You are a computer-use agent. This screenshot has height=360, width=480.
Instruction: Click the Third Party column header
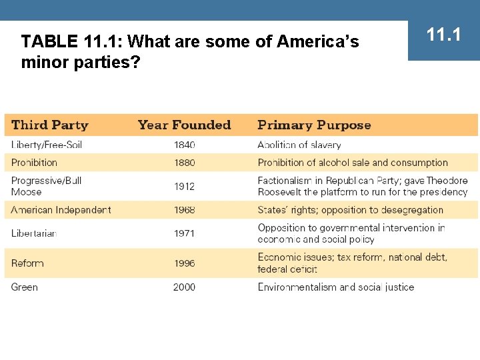coord(50,125)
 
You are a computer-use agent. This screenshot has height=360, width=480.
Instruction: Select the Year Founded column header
coord(184,125)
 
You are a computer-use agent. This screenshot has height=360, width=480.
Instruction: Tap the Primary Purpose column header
coord(314,125)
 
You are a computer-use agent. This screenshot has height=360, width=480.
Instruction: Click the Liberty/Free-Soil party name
coord(47,145)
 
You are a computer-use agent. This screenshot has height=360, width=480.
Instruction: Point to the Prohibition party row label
coord(34,162)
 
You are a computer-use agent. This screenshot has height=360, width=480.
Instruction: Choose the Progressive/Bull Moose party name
coord(47,186)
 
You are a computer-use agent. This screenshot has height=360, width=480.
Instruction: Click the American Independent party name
coord(61,209)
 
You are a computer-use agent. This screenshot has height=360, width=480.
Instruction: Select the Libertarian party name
coord(34,233)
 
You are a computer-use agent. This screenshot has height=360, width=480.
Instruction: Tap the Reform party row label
coord(27,263)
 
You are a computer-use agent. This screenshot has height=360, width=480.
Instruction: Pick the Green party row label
coord(25,287)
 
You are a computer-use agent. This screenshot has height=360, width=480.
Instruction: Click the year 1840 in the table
coord(185,145)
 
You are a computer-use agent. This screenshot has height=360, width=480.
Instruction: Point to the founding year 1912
coord(185,186)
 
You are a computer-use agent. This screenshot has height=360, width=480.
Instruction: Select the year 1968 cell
coord(185,209)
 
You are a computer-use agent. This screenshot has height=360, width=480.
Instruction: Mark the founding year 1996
coord(185,263)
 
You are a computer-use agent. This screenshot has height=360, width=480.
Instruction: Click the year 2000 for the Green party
coord(185,287)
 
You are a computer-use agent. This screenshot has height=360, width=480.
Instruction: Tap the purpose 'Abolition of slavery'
coord(299,145)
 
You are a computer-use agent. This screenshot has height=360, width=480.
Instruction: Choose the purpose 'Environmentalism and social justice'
coord(336,287)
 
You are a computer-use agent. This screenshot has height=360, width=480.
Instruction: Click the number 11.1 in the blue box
coord(444,34)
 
